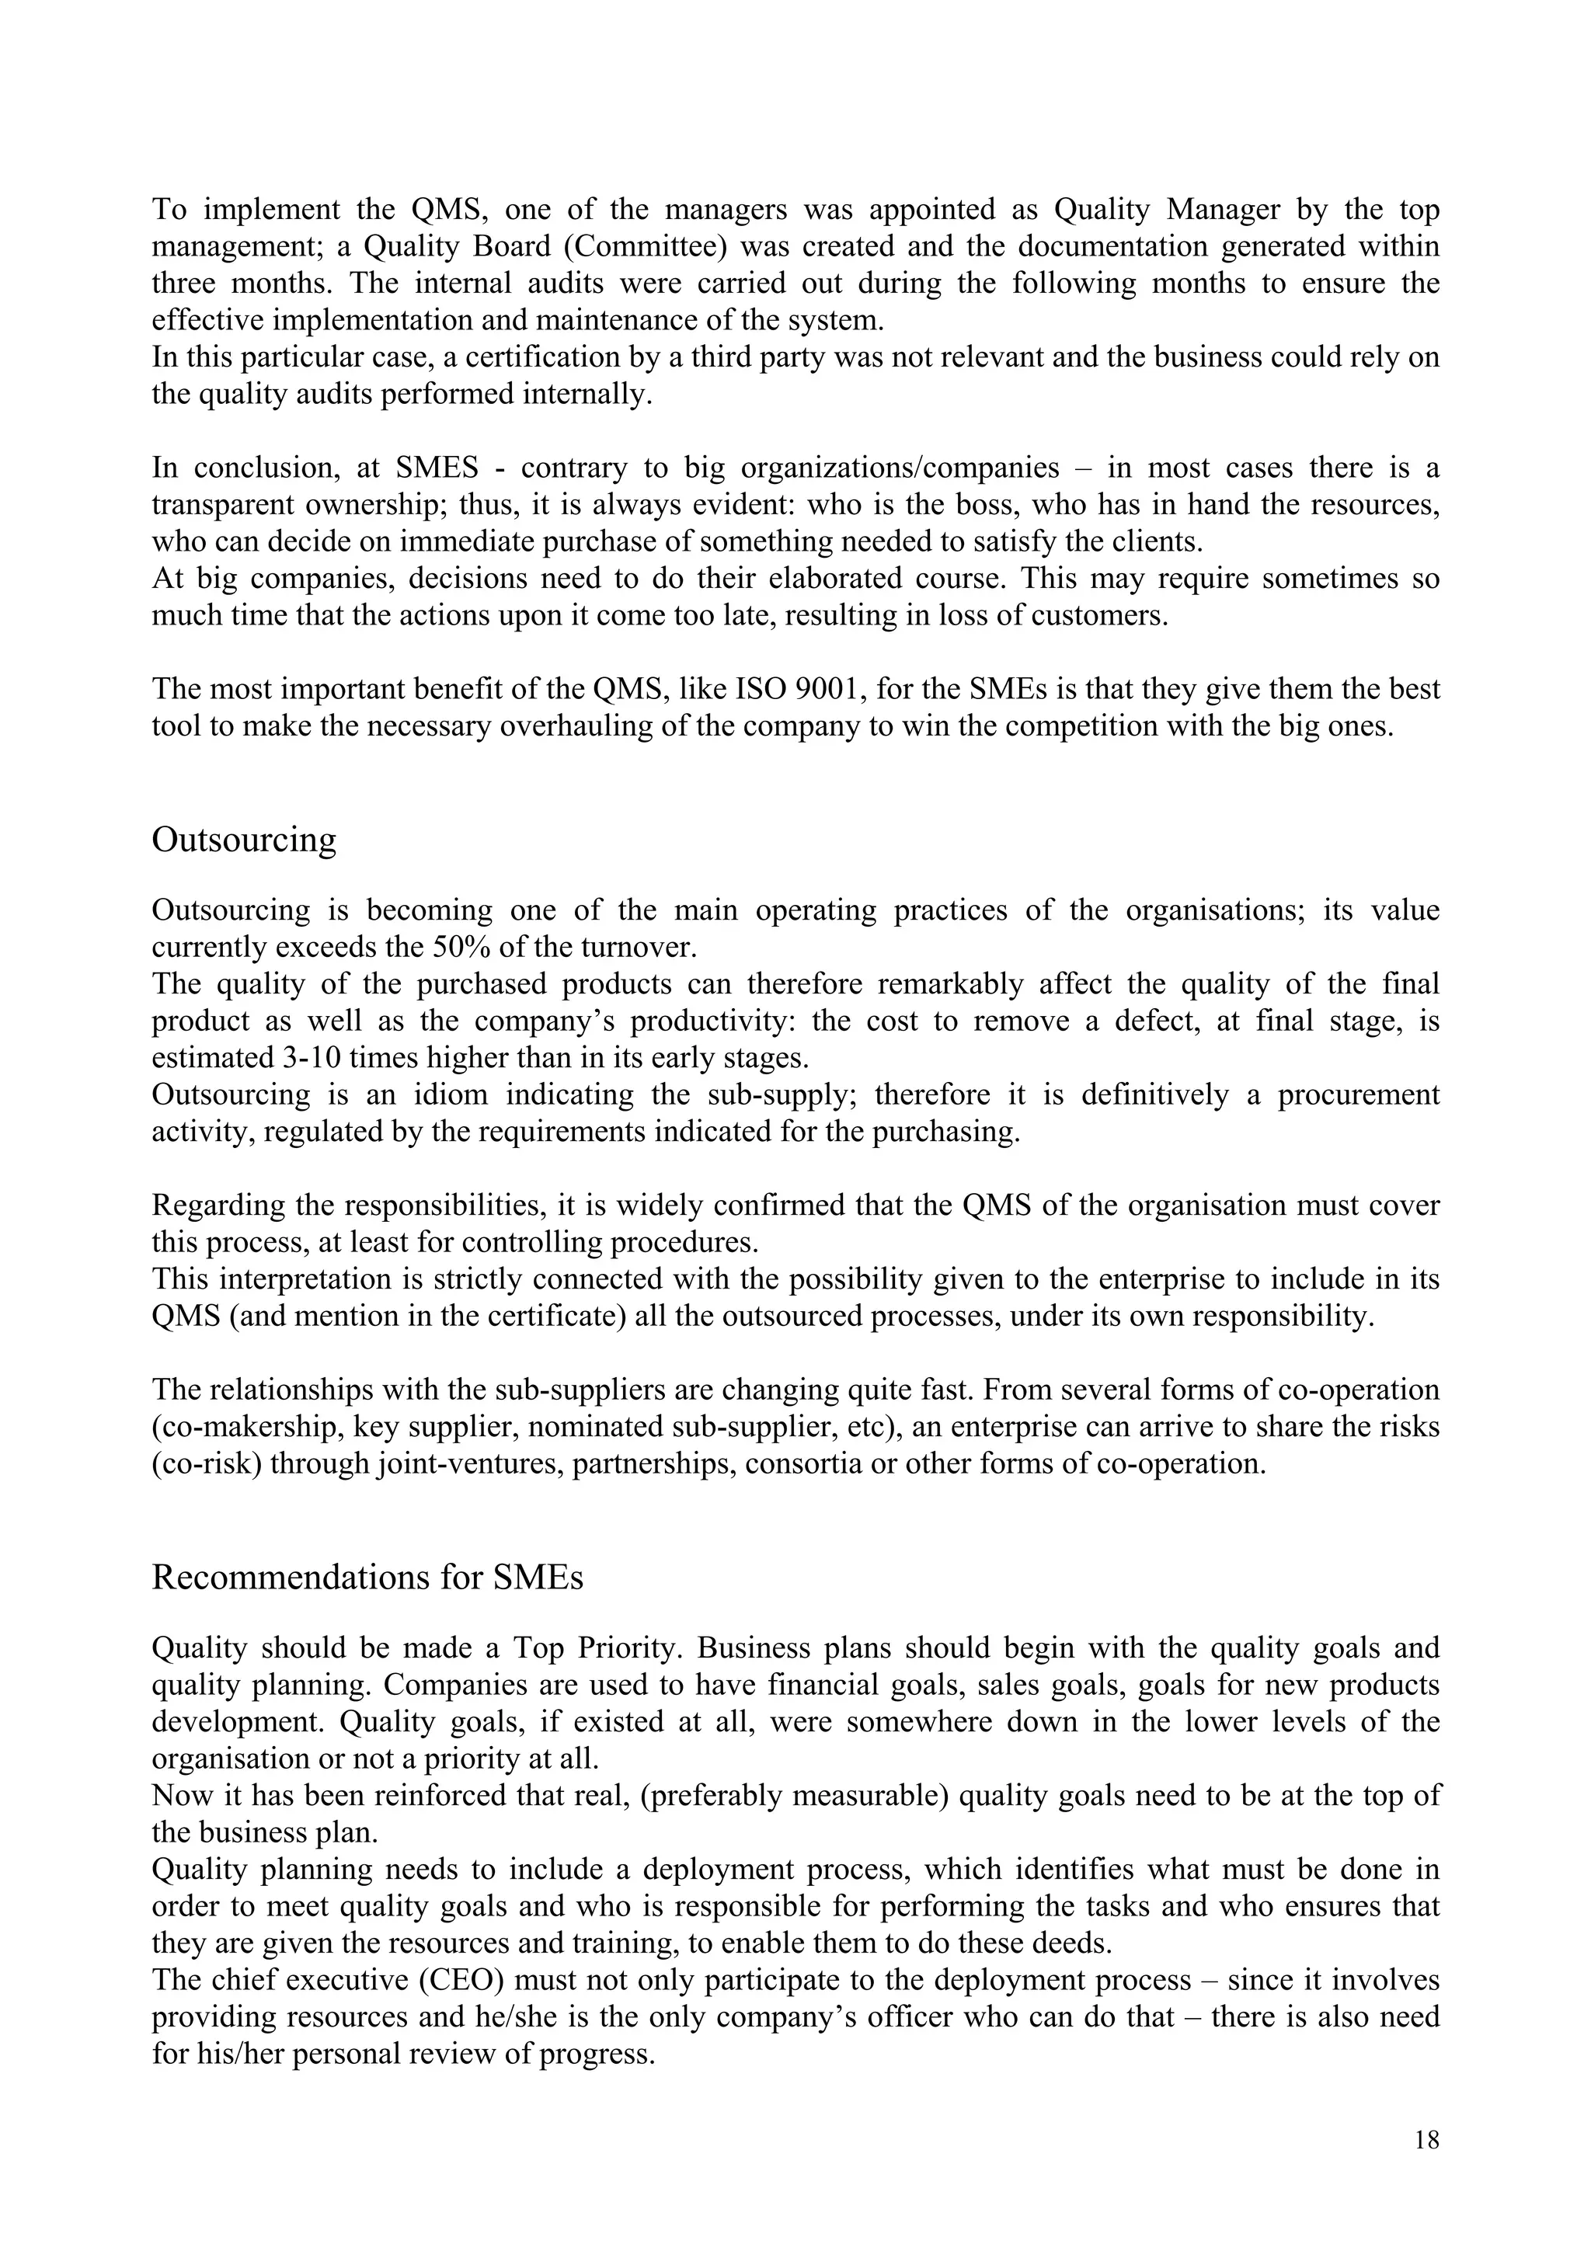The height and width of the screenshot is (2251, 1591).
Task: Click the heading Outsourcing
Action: click(x=244, y=840)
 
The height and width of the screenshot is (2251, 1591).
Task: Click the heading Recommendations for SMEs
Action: click(x=367, y=1578)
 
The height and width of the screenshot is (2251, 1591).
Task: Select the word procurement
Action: click(x=1358, y=1095)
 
